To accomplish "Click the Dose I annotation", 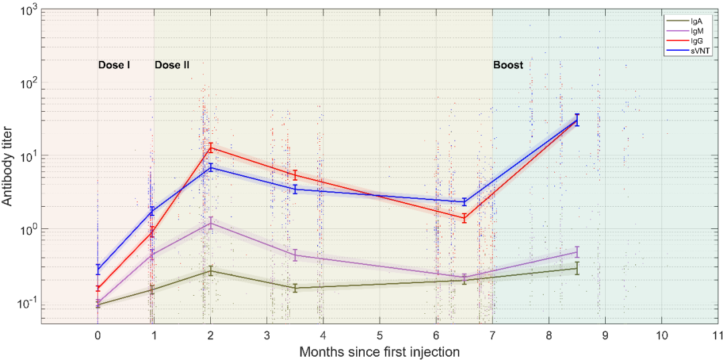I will click(x=114, y=66).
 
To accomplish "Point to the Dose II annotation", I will click(x=172, y=66).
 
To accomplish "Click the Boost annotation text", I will click(x=508, y=66).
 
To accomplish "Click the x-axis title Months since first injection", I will click(x=380, y=351).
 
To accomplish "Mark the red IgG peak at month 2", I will click(x=211, y=147).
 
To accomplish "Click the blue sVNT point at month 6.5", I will click(x=465, y=201).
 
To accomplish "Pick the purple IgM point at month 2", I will click(x=211, y=222).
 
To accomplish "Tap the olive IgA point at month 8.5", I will click(x=577, y=268).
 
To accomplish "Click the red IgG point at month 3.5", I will click(x=295, y=175).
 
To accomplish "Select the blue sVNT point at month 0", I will click(x=98, y=270).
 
